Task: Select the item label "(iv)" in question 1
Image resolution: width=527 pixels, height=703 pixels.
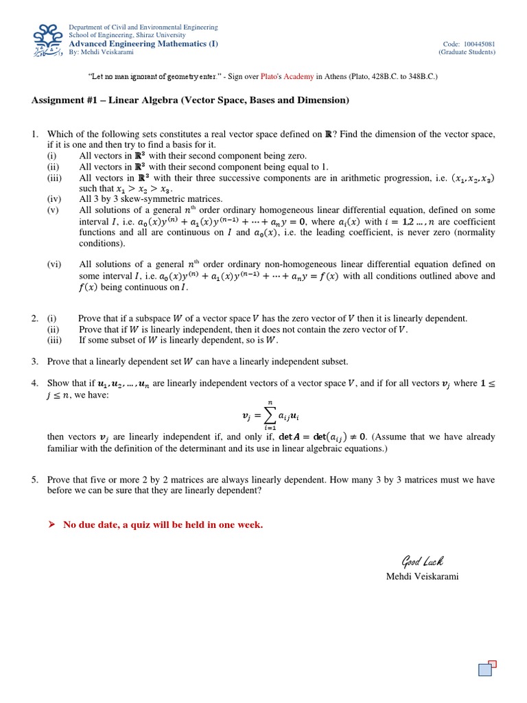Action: tap(54, 199)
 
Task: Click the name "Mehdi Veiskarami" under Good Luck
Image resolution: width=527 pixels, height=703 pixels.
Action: tap(421, 577)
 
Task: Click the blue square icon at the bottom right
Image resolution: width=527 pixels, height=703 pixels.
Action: tap(485, 670)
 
